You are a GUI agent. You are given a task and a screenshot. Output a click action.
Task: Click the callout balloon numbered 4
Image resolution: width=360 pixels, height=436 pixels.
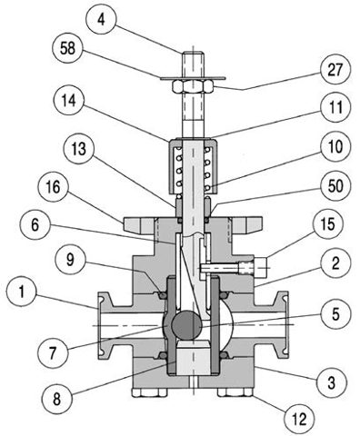(101, 20)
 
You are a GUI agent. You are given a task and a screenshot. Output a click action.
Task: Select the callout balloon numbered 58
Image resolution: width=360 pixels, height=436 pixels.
(67, 48)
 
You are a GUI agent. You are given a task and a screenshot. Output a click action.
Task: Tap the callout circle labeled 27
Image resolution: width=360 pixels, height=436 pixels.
(335, 69)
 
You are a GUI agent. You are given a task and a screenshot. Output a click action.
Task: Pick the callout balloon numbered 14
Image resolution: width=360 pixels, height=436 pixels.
(69, 100)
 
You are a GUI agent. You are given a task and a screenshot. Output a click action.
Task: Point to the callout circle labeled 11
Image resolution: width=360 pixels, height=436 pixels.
(335, 107)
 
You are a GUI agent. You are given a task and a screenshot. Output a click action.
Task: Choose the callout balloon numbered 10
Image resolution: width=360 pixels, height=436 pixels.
(335, 146)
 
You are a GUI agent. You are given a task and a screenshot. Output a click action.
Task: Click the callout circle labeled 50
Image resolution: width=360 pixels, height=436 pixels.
(335, 185)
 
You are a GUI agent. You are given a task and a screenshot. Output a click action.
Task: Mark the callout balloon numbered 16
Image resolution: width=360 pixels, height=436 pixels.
(54, 187)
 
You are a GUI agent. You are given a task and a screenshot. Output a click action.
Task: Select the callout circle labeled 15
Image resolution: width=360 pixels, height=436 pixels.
(328, 224)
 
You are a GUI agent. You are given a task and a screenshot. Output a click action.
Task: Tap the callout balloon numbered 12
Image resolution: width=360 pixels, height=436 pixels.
(299, 419)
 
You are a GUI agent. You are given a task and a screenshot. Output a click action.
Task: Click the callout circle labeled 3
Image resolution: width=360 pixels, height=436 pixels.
(332, 382)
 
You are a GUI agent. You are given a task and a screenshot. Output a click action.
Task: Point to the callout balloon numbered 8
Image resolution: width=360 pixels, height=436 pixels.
(57, 399)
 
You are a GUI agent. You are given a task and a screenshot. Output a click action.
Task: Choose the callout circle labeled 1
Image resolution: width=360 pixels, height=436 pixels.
(22, 292)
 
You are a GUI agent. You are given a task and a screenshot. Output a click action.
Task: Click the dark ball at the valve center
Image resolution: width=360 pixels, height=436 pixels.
(186, 325)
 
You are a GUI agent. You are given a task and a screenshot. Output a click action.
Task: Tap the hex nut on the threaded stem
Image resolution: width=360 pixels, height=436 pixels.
(192, 87)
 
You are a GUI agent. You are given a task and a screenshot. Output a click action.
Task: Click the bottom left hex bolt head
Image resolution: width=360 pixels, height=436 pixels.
(149, 392)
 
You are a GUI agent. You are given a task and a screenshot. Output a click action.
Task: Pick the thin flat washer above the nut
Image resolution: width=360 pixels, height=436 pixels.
(193, 78)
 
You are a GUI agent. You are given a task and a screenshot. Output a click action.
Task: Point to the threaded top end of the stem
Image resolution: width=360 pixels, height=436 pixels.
(193, 64)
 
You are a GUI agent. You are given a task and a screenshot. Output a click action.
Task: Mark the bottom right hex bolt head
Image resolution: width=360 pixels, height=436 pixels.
(235, 392)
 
